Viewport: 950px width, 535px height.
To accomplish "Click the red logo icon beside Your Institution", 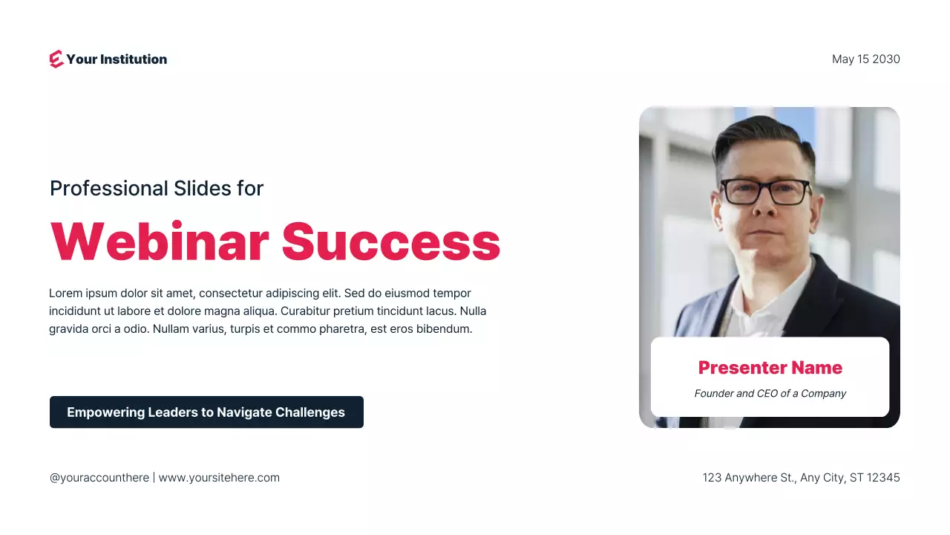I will pyautogui.click(x=56, y=59).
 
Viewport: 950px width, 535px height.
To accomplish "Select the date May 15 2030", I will pyautogui.click(x=865, y=59).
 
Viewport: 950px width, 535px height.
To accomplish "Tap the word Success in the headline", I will pyautogui.click(x=391, y=241).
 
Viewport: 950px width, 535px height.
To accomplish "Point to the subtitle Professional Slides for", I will pyautogui.click(x=157, y=189).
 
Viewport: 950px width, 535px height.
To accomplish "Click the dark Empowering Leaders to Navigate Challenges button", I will pyautogui.click(x=206, y=412).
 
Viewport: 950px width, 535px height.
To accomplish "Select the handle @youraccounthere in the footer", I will pyautogui.click(x=99, y=478).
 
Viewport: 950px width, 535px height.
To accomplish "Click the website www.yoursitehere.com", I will pyautogui.click(x=219, y=478).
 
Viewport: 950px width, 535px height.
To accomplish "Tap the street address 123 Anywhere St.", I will pyautogui.click(x=749, y=478).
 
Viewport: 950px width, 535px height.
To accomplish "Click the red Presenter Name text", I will pyautogui.click(x=770, y=368).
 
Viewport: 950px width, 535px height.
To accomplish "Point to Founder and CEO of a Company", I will pyautogui.click(x=770, y=393).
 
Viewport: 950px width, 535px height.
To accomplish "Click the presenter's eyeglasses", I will pyautogui.click(x=765, y=192).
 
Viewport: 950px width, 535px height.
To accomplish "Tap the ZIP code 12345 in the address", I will pyautogui.click(x=884, y=478).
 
